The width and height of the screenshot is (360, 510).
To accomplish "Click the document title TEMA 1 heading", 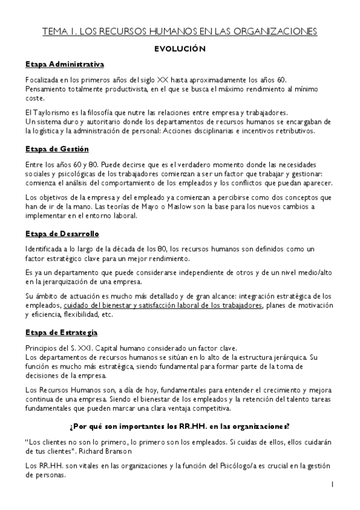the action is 180,31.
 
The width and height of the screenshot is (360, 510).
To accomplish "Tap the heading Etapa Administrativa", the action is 65,64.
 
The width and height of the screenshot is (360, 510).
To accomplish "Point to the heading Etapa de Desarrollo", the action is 62,233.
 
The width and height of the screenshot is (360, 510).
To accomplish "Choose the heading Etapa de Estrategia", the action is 61,332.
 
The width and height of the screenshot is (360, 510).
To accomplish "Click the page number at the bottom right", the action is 332,484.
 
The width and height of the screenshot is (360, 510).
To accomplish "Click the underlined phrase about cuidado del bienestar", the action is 163,305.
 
